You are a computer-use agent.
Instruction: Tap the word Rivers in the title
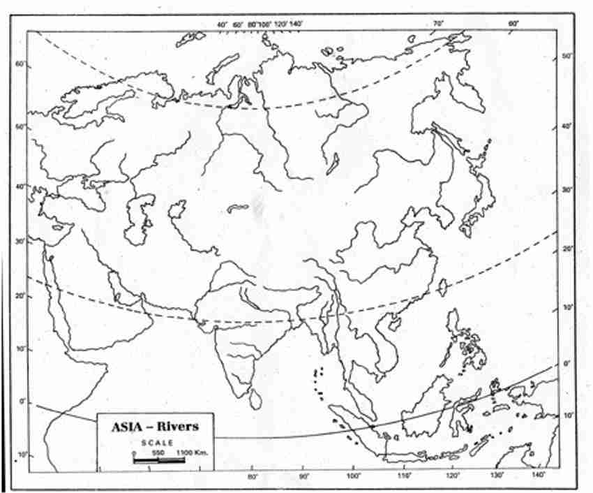(177, 425)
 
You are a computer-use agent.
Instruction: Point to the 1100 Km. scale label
(191, 452)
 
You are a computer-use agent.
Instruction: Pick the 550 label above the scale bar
(158, 452)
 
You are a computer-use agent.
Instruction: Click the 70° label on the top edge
(438, 24)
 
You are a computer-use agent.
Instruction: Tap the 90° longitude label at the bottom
(304, 476)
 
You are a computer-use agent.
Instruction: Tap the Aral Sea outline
(177, 208)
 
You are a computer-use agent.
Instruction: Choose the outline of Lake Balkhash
(237, 207)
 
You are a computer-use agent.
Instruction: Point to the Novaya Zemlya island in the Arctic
(224, 67)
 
